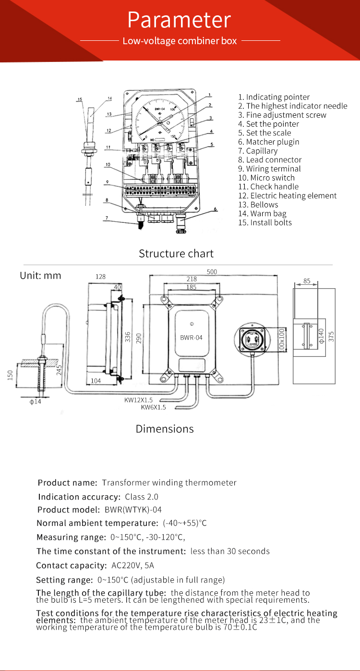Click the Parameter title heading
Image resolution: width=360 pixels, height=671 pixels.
click(x=179, y=20)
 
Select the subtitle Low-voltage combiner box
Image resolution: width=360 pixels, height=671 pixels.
click(x=180, y=41)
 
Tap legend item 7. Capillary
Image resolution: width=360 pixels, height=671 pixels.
click(x=262, y=151)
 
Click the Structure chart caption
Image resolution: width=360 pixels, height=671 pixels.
click(x=176, y=253)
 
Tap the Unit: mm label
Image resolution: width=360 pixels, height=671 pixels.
click(x=40, y=276)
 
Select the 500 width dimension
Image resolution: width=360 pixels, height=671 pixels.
click(x=212, y=272)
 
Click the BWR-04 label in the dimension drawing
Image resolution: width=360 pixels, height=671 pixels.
click(x=191, y=338)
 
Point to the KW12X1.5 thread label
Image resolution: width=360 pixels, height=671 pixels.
click(x=138, y=400)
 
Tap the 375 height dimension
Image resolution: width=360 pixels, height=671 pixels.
click(x=331, y=336)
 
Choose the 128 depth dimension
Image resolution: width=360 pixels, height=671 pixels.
click(x=100, y=277)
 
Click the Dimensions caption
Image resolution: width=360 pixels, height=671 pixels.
click(x=165, y=429)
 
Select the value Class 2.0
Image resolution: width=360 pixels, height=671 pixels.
click(x=141, y=497)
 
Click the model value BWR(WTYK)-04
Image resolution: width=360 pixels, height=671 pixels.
click(x=130, y=510)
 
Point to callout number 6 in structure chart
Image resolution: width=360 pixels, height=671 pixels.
click(x=216, y=209)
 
